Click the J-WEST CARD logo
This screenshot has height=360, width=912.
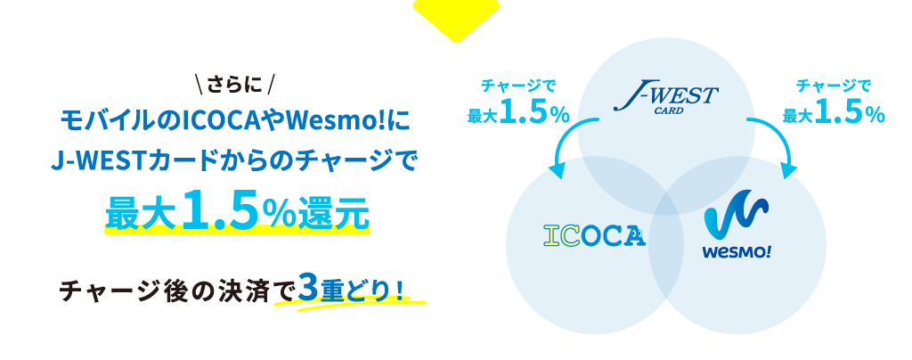click(666, 100)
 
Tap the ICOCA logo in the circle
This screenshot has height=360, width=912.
click(594, 235)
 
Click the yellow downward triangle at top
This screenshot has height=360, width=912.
click(456, 18)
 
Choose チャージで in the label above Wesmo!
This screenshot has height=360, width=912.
click(834, 86)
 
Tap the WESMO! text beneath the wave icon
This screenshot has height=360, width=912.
click(737, 253)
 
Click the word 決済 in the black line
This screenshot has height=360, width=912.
click(250, 289)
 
